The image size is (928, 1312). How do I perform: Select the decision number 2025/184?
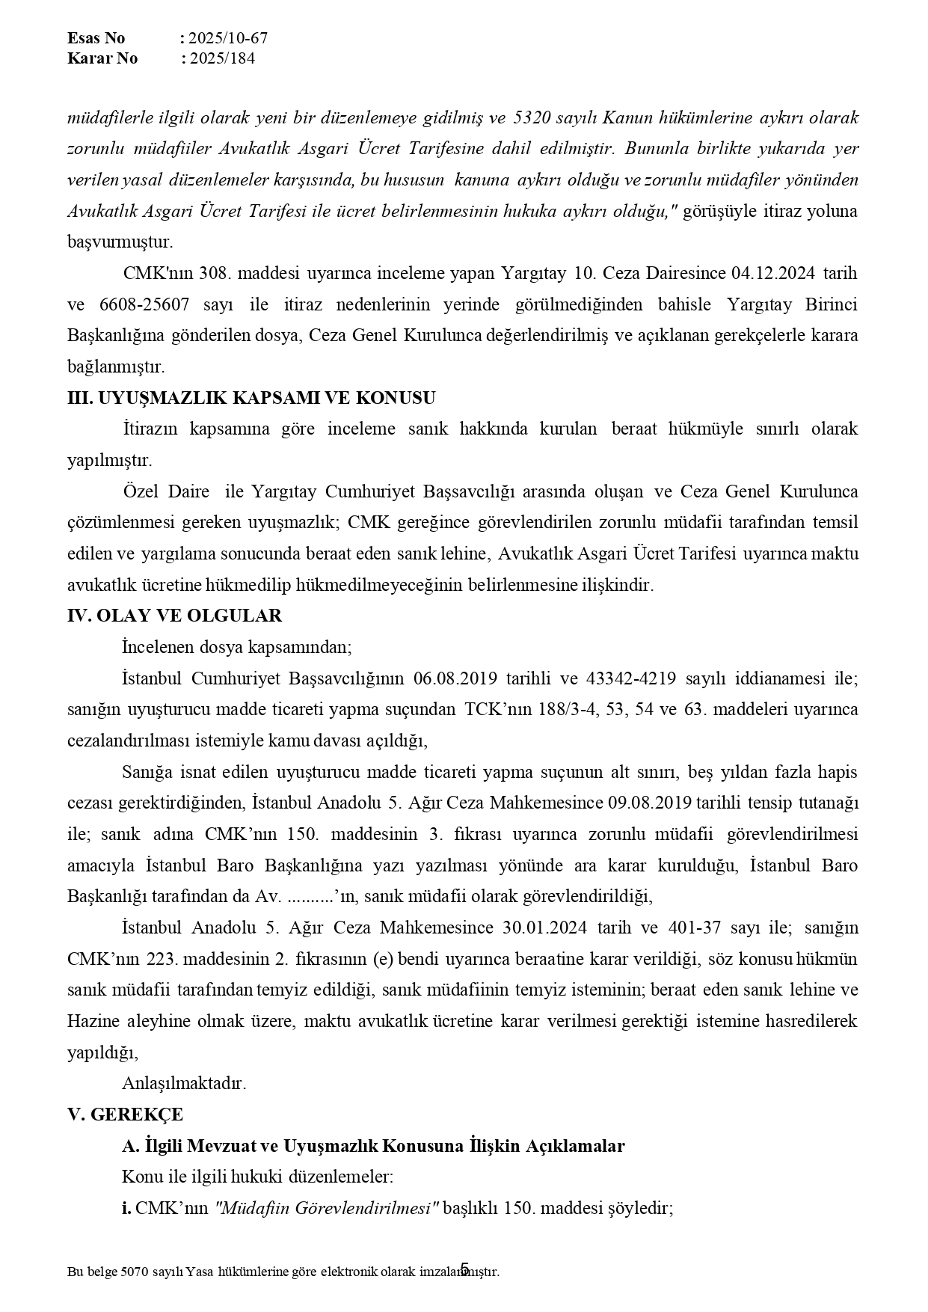pos(222,58)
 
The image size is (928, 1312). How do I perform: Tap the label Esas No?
pos(96,38)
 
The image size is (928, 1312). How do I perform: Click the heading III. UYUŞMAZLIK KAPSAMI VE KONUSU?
pos(251,398)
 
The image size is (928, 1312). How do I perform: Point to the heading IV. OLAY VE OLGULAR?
pos(175,616)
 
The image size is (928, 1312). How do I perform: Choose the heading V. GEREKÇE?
pos(126,1114)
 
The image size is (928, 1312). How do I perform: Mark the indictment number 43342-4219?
pos(633,678)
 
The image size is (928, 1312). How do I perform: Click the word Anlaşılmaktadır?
pos(184,1082)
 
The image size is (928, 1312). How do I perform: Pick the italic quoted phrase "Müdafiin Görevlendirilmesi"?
pos(327,1208)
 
